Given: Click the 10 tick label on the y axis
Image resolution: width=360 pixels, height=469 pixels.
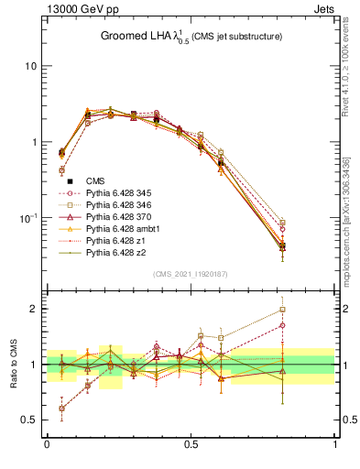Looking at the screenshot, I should click(30, 67).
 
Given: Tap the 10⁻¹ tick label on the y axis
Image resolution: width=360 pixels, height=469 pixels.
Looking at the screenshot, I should click(27, 218).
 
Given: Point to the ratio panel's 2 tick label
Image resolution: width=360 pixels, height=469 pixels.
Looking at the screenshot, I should click(34, 309).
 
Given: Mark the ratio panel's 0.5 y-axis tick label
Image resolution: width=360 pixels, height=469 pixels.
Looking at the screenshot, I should click(30, 420).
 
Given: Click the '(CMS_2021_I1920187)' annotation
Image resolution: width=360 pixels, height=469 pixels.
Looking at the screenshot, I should click(191, 273).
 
